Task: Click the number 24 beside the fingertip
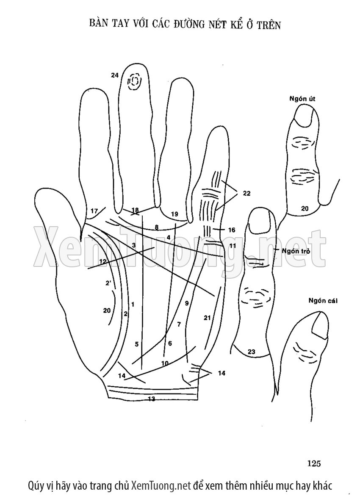(x=115, y=75)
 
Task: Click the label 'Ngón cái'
(x=323, y=302)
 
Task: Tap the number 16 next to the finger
(x=231, y=230)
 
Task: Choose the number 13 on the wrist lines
(x=152, y=399)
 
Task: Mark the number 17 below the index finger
(x=94, y=211)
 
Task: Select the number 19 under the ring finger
(x=174, y=214)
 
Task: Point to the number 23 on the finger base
(x=251, y=351)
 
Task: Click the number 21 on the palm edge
(x=207, y=318)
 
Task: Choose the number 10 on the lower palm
(x=165, y=363)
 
